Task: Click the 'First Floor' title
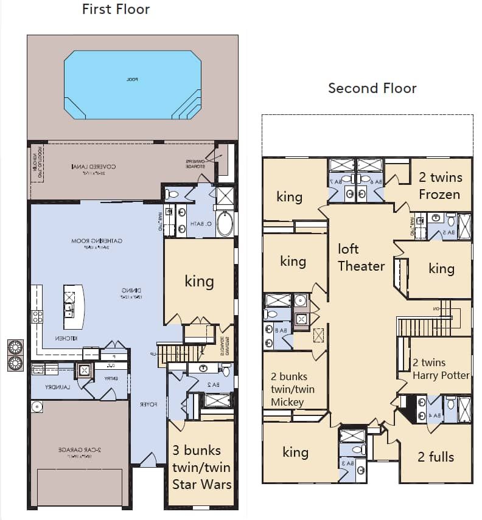click(116, 9)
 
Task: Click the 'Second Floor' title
click(372, 88)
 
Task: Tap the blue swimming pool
click(132, 85)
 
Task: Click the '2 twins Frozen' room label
click(440, 185)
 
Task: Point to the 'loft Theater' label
click(361, 257)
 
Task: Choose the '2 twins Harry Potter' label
click(441, 369)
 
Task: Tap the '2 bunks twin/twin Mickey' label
click(293, 389)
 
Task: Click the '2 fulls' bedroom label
click(436, 457)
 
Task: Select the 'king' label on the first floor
click(199, 281)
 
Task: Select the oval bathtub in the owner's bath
click(225, 223)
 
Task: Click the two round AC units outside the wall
click(15, 355)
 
